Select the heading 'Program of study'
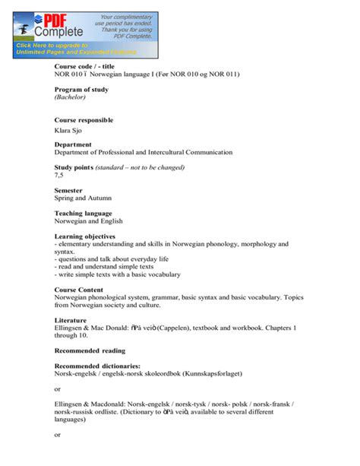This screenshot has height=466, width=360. pos(81,90)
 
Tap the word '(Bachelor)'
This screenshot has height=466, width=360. pos(71,98)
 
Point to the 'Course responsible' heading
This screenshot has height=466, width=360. pos(84,120)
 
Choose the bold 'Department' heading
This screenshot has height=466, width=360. pos(73,144)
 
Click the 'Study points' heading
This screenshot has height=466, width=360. pos(74,167)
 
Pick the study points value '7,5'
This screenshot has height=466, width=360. pos(59,176)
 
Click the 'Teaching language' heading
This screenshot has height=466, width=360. pos(83,214)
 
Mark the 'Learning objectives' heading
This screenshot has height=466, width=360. pos(84,236)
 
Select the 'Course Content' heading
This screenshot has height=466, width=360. pos(79,290)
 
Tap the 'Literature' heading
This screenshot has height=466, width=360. pos(71,321)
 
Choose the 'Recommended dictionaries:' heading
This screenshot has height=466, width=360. pos(97,366)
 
